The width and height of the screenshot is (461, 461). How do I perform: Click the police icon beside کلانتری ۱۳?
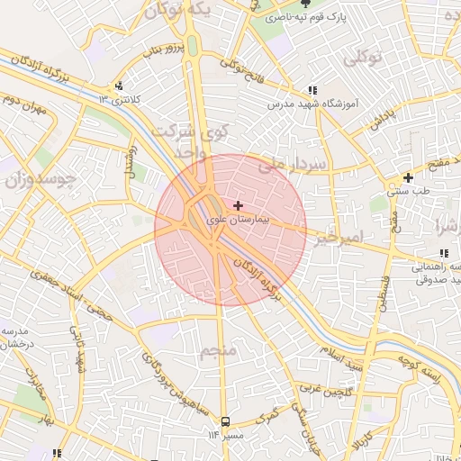click(117, 87)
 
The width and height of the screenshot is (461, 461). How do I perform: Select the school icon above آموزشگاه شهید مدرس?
click(312, 90)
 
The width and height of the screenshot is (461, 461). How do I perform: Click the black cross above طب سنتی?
click(409, 177)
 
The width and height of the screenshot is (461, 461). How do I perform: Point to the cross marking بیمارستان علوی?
click(238, 206)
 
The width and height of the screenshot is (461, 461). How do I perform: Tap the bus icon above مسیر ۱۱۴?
click(224, 421)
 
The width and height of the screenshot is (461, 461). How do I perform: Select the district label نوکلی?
click(363, 57)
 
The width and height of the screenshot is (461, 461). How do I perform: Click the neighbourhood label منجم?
click(218, 349)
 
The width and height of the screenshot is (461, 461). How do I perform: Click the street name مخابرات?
click(35, 383)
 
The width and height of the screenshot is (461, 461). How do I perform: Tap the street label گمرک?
click(268, 418)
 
